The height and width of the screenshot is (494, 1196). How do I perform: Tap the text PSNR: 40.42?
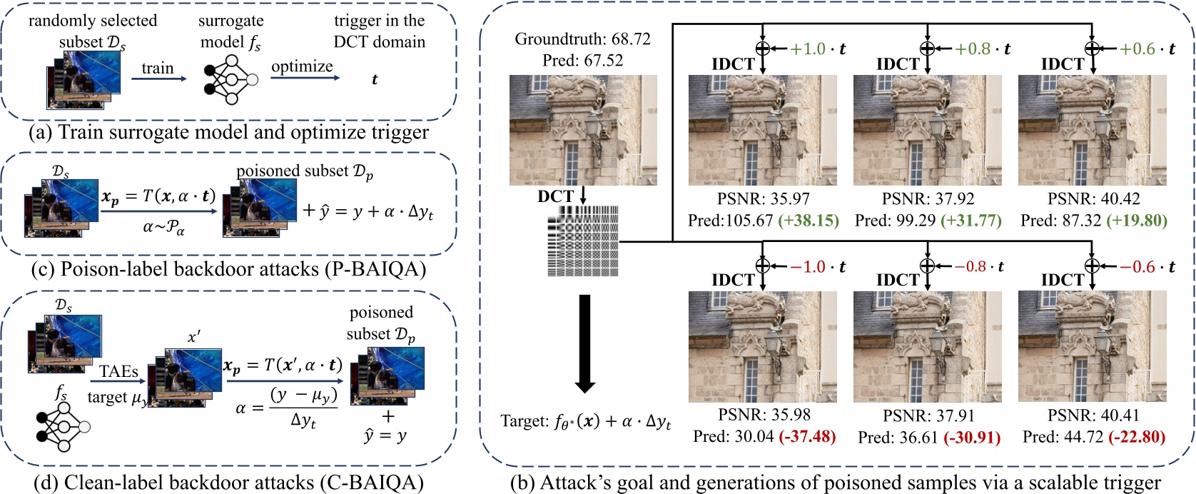tap(1093, 199)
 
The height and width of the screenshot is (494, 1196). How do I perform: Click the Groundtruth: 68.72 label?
tap(582, 39)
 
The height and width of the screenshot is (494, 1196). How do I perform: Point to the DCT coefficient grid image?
tap(582, 241)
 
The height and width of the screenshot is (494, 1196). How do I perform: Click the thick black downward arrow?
tap(584, 343)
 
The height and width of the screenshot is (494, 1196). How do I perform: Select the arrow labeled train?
tap(158, 79)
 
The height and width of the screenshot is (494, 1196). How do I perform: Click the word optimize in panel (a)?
tap(302, 66)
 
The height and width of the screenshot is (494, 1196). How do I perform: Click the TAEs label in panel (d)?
tap(118, 371)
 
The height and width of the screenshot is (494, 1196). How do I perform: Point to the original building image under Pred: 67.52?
tap(582, 131)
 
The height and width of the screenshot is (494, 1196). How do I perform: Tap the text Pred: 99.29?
tap(895, 221)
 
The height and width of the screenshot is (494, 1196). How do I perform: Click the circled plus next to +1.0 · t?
tap(762, 49)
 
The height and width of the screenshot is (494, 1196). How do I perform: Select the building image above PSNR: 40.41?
tap(1093, 347)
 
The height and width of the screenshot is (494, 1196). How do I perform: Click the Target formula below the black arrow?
tap(585, 421)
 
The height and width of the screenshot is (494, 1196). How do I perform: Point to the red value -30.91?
tap(972, 437)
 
